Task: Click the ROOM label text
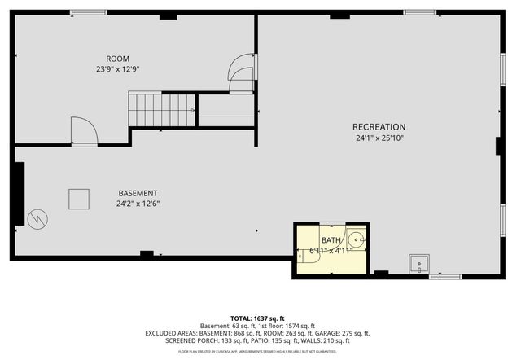[x=118, y=58]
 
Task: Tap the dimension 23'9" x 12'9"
[x=118, y=69]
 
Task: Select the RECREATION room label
[x=379, y=127]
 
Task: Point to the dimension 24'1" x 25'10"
[x=379, y=138]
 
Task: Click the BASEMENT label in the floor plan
[x=138, y=193]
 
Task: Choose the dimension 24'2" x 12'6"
[x=138, y=204]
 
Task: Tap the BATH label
[x=331, y=240]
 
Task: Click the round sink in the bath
[x=357, y=240]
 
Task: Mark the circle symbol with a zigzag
[x=37, y=218]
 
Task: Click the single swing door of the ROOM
[x=84, y=131]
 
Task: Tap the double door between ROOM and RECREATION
[x=242, y=72]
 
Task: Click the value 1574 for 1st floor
[x=298, y=326]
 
